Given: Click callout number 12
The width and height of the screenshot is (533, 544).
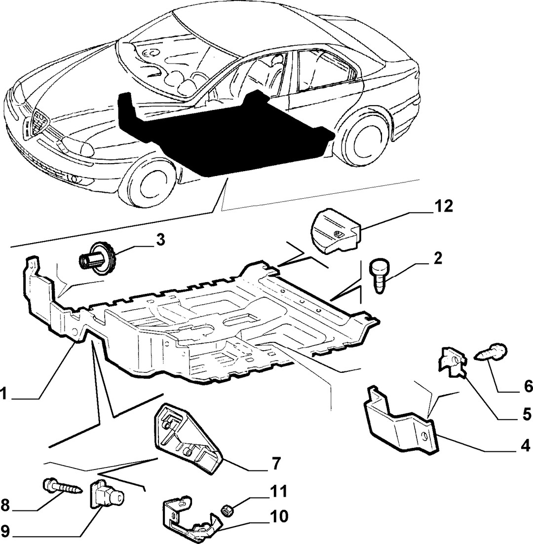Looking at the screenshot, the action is click(442, 206).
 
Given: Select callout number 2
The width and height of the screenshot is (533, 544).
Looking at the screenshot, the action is click(437, 258).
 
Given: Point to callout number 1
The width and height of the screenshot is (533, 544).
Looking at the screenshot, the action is click(3, 394).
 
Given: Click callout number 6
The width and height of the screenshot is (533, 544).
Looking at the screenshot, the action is click(528, 386).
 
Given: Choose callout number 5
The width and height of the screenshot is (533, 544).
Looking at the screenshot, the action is click(527, 414).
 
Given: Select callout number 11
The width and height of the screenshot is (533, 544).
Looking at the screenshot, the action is click(279, 491).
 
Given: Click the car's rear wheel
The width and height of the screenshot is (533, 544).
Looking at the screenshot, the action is click(363, 137).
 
